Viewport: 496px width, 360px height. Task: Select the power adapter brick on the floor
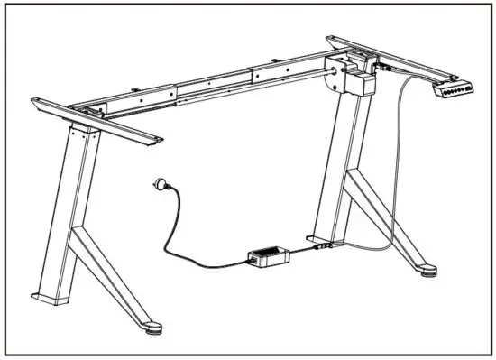tap(268, 257)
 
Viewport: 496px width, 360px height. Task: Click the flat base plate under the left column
tap(50, 296)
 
